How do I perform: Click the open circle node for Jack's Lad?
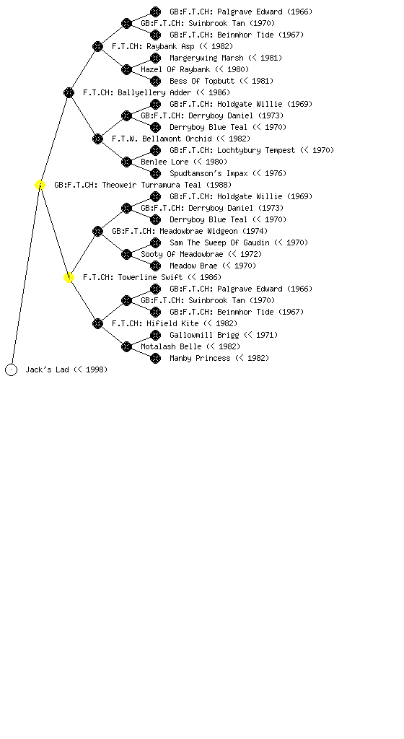(12, 370)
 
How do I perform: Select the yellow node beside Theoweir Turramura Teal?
(40, 185)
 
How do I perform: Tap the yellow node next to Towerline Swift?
(69, 278)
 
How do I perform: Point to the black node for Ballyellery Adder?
(69, 93)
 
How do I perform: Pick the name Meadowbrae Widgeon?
(198, 231)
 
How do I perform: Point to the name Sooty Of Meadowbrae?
(182, 254)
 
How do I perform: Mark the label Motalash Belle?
(171, 346)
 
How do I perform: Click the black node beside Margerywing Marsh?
(155, 58)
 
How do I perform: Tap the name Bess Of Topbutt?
(201, 81)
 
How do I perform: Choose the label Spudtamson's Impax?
(208, 173)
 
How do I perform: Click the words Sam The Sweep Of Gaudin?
(219, 242)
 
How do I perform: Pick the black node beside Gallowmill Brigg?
(155, 335)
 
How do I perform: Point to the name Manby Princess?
(200, 358)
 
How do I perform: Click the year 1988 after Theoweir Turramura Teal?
(219, 185)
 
